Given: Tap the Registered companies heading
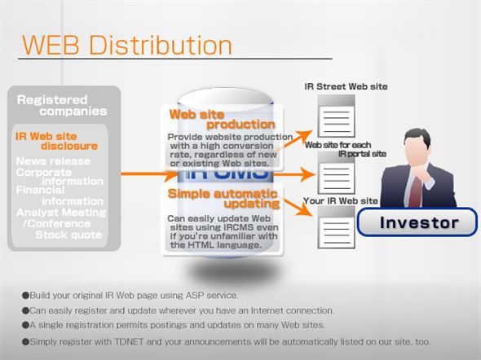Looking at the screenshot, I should pyautogui.click(x=62, y=105).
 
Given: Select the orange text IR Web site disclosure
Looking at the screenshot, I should pyautogui.click(x=57, y=141).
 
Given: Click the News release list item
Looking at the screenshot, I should pyautogui.click(x=54, y=161).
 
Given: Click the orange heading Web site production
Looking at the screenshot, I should pyautogui.click(x=221, y=119).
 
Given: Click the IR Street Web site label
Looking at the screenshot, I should pyautogui.click(x=346, y=86).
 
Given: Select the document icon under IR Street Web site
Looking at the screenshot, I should pyautogui.click(x=333, y=116).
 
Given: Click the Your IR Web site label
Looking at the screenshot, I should pyautogui.click(x=340, y=200).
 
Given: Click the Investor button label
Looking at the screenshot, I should pyautogui.click(x=420, y=222).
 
